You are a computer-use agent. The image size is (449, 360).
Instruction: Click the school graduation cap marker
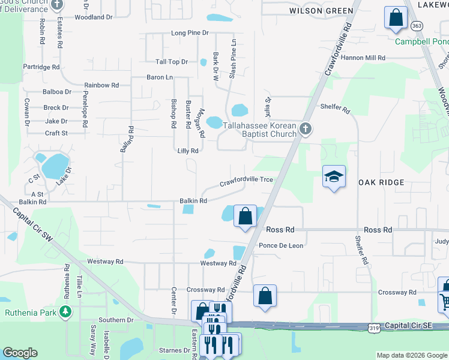click(x=334, y=176)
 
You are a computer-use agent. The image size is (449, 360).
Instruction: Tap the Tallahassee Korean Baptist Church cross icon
click(x=306, y=128)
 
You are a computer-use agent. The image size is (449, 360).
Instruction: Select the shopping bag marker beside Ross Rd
click(x=245, y=216)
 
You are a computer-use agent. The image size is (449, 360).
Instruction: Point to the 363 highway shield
click(x=417, y=26)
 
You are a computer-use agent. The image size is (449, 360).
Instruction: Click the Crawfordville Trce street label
click(x=246, y=181)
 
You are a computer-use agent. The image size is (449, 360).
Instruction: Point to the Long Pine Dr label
click(x=190, y=32)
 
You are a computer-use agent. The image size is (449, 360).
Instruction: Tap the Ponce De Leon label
click(x=281, y=245)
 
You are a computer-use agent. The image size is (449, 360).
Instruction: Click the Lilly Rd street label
click(x=187, y=151)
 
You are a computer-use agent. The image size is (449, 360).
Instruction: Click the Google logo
click(x=20, y=353)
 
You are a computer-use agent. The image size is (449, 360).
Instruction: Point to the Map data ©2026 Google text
click(x=411, y=355)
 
